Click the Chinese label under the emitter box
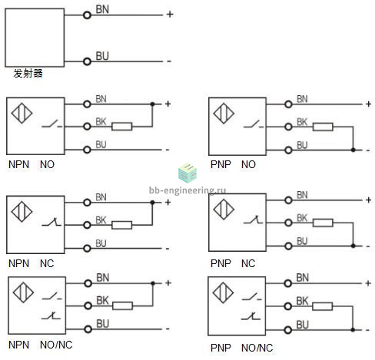pos(28,74)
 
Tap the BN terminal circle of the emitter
pos(87,15)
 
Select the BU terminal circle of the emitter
pos(87,61)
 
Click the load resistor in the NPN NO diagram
pos(122,127)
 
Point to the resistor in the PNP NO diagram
pos(323,127)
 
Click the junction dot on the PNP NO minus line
pos(353,150)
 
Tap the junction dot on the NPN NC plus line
pos(153,203)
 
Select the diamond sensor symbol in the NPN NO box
pos(22,113)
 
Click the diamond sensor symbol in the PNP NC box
pos(224,210)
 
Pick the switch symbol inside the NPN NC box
pos(51,222)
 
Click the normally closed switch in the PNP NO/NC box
pos(251,316)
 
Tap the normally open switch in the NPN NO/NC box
pos(51,296)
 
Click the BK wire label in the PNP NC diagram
pos(302,218)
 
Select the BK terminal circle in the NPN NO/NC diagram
pos(88,306)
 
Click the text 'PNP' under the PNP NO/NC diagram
pos(221,348)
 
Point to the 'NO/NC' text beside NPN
pos(56,345)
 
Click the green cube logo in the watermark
pos(187,173)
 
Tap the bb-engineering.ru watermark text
pos(187,190)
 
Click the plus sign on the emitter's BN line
pos(170,15)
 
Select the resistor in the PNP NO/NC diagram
pos(322,306)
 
